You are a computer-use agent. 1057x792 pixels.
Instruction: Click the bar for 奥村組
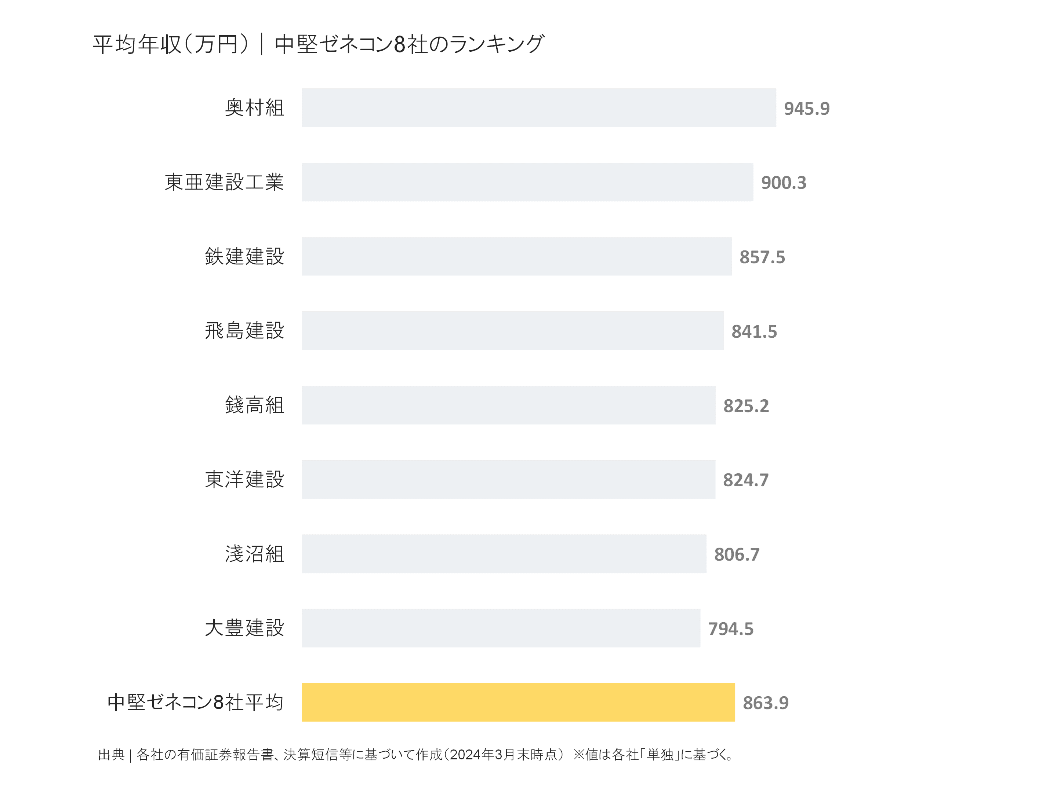click(538, 108)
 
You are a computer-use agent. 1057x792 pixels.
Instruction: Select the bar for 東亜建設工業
click(527, 182)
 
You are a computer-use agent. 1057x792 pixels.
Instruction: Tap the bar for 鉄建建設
click(516, 256)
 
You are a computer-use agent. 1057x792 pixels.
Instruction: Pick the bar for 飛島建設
click(512, 331)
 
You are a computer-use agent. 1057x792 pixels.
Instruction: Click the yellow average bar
click(518, 702)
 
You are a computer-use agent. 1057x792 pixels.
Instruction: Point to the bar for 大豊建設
click(501, 628)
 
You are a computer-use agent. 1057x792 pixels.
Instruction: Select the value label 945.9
click(807, 109)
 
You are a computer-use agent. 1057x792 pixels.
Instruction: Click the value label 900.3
click(784, 183)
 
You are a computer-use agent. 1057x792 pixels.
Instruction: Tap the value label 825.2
click(746, 406)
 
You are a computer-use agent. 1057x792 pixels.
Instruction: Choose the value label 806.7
click(736, 554)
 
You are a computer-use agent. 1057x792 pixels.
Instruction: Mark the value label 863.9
click(766, 703)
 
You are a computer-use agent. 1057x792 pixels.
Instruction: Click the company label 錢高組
click(254, 405)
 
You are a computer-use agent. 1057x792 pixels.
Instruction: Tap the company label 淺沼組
click(254, 554)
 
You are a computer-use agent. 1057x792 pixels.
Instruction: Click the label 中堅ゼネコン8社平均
click(196, 702)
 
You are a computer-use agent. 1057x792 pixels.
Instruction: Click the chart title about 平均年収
click(318, 44)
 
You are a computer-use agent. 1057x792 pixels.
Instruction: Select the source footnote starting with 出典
click(416, 755)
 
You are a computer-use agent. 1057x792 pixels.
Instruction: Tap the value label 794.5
click(731, 629)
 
